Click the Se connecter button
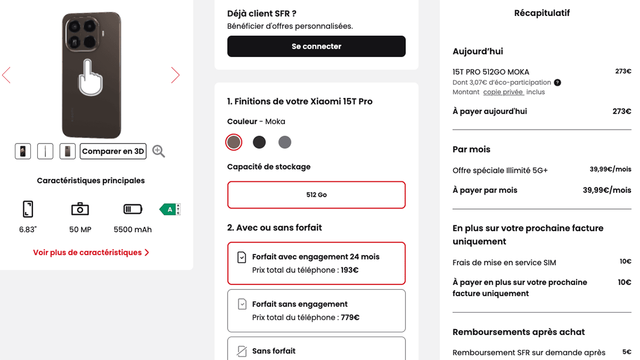pos(316,46)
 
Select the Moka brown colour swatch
pos(234,142)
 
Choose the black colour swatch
pos(259,142)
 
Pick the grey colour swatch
pos(285,142)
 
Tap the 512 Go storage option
pos(316,195)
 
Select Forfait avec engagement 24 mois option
pos(316,263)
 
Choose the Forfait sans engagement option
pos(316,310)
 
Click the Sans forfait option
pos(316,350)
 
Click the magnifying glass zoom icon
pos(158,151)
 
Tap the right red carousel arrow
pos(175,75)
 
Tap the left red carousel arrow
pos(6,75)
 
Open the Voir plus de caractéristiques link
pos(91,252)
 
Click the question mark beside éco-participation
pos(557,83)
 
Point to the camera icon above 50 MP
pos(80,209)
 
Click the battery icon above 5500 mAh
pos(133,209)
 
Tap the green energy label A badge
pos(170,210)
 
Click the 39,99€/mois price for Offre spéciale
pos(610,170)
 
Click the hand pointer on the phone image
pos(91,78)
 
